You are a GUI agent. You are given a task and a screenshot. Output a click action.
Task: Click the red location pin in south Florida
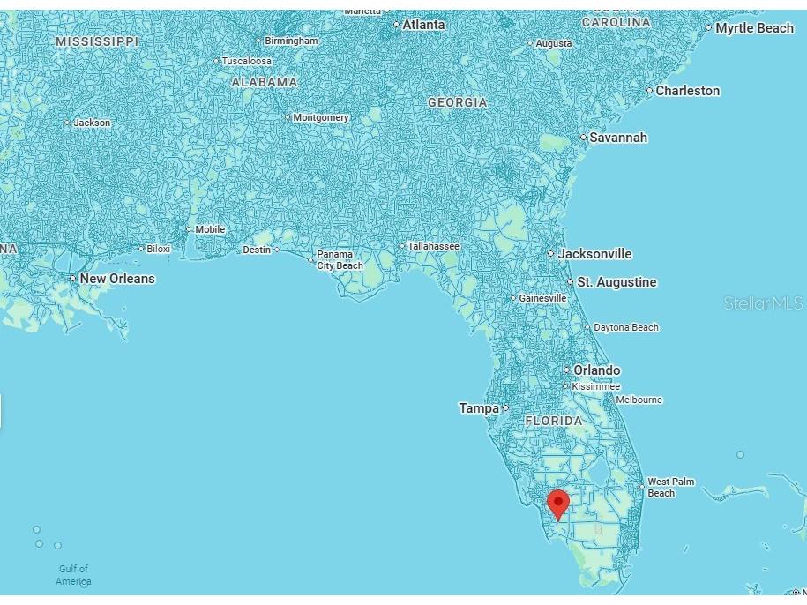557,504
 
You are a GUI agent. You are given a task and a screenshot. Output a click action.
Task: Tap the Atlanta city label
423,25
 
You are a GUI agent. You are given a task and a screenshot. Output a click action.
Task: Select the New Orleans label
116,279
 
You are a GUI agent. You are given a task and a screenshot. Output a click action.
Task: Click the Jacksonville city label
594,254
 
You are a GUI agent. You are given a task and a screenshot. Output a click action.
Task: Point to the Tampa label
479,408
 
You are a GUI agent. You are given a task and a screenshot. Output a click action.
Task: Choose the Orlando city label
596,370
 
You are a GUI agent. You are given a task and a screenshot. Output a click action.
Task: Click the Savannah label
617,138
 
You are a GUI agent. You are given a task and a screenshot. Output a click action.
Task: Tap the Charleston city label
687,91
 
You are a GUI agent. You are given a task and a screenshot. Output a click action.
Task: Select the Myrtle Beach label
754,28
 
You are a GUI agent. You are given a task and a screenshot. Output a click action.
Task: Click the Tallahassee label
433,247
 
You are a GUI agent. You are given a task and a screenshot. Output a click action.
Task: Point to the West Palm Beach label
671,488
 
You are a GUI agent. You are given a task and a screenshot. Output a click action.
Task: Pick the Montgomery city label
320,117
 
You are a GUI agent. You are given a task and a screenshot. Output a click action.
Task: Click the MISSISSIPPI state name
97,41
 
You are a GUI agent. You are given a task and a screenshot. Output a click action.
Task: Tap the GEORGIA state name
457,102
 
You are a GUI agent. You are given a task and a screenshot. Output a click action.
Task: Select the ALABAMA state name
264,82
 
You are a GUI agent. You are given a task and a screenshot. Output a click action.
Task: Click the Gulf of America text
73,575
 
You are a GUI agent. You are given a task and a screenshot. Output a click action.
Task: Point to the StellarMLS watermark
764,303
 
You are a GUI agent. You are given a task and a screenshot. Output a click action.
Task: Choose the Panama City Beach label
339,260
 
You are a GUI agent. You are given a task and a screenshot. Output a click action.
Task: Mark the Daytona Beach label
625,327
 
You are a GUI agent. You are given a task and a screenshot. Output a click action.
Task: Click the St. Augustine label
616,282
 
